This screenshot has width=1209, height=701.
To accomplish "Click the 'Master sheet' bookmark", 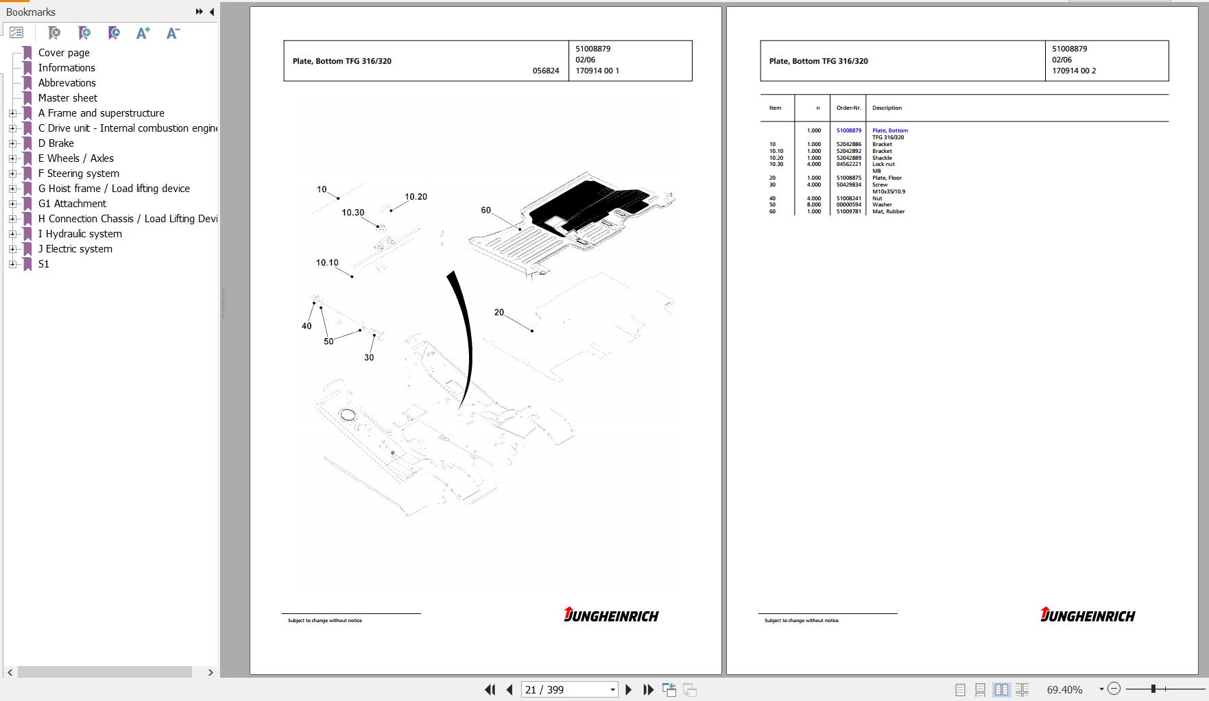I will coord(67,98).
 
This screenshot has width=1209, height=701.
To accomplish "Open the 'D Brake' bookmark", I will coord(56,143).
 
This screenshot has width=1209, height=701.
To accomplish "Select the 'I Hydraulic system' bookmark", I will coord(80,234).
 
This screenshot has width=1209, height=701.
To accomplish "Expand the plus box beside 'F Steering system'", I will coord(12,174).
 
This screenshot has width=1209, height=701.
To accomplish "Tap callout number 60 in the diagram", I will coord(486,210).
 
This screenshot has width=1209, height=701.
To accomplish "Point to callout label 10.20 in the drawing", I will coord(416,197).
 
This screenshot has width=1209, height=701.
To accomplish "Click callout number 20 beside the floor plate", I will coord(499,312).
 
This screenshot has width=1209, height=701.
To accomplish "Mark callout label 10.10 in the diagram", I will coord(327,263).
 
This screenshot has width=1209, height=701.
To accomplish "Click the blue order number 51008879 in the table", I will coord(848,130).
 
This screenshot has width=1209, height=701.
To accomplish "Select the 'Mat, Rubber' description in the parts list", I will coord(888,211).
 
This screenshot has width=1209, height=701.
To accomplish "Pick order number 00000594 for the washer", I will coord(848,204).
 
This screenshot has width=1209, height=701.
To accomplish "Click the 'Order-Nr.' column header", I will coord(848,108).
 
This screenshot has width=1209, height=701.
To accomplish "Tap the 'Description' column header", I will coord(887,108).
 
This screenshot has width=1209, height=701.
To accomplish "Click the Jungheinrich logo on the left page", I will coord(610,615).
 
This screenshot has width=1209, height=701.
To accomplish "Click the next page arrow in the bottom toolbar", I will coord(628,689).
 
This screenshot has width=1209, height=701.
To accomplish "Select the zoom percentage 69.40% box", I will coord(1064,689).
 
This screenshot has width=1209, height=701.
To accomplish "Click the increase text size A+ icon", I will coord(143,33).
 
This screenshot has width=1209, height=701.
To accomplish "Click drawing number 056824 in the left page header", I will coord(545,71).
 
